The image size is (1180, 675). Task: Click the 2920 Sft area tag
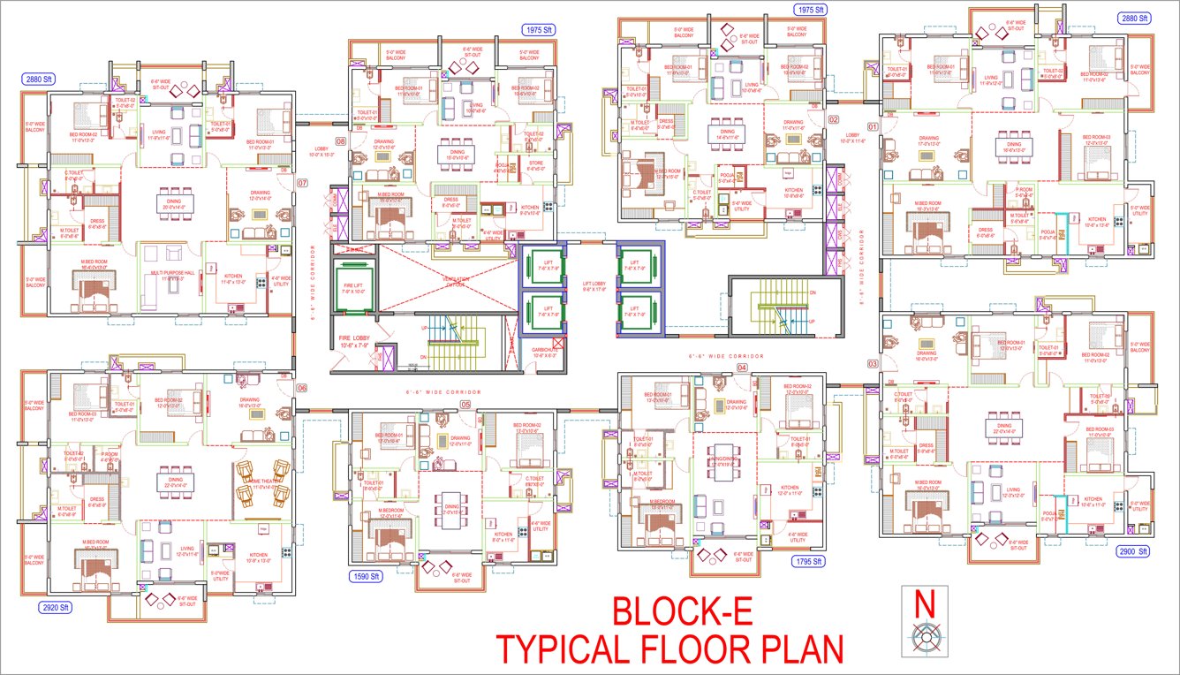[x=55, y=608]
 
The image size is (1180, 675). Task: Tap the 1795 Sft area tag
[x=806, y=561]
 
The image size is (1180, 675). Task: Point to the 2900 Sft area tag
[x=1131, y=550]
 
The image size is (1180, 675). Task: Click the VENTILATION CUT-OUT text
[x=457, y=280]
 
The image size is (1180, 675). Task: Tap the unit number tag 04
[x=742, y=367]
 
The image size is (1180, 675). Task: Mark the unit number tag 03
[x=873, y=364]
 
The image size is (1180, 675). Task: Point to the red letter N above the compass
[x=925, y=604]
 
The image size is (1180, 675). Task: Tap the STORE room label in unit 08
[x=535, y=163]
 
